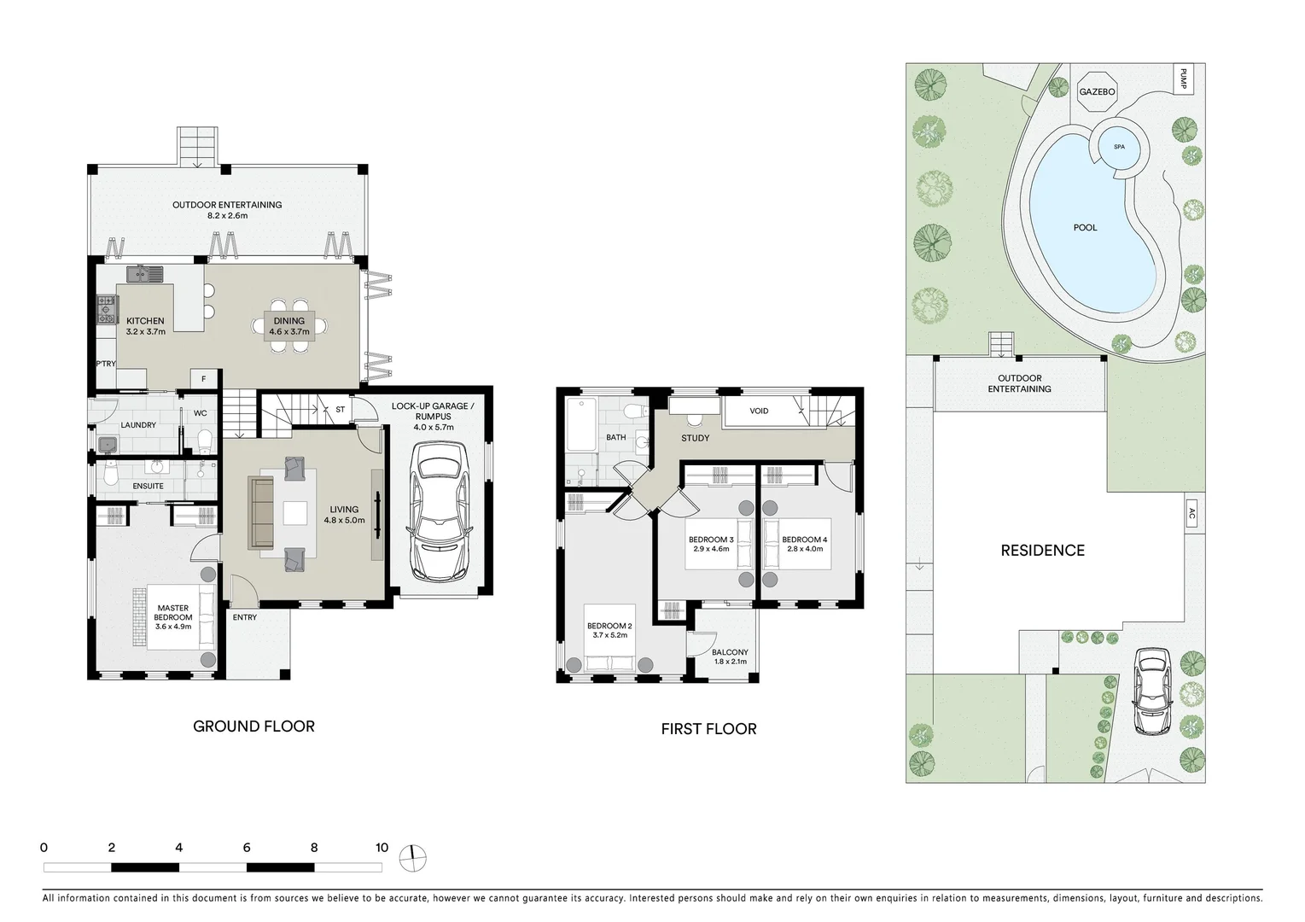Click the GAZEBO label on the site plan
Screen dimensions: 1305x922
(1097, 92)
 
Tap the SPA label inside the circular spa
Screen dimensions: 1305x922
(1119, 147)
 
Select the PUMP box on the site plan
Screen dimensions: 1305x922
(1183, 79)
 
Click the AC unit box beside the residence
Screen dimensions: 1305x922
(1192, 513)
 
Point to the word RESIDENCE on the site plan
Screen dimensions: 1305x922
(1042, 551)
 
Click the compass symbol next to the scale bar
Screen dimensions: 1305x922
(412, 858)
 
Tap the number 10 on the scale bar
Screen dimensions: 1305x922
(382, 848)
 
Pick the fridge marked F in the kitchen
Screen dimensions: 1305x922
(204, 379)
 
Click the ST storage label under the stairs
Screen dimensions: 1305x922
(341, 410)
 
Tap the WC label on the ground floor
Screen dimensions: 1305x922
(201, 413)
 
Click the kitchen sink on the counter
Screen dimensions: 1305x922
(145, 274)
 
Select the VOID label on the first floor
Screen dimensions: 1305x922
(759, 411)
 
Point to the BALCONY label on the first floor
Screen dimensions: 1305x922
(730, 652)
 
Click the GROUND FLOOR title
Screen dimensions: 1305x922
(254, 727)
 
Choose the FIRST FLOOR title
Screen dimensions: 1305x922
(709, 729)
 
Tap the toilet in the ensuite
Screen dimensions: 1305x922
(108, 474)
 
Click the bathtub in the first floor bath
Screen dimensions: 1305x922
(581, 424)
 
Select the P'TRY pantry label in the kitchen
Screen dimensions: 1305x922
(106, 364)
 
